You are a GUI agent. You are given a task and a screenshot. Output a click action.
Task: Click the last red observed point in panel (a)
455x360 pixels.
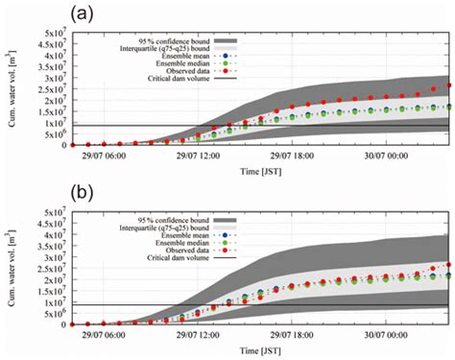[447, 85]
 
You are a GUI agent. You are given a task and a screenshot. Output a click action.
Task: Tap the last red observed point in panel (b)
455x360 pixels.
[447, 265]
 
